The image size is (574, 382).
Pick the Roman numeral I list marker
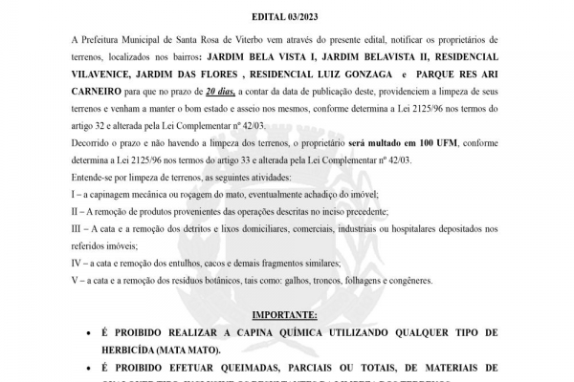(75, 195)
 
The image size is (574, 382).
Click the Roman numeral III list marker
(77, 229)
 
